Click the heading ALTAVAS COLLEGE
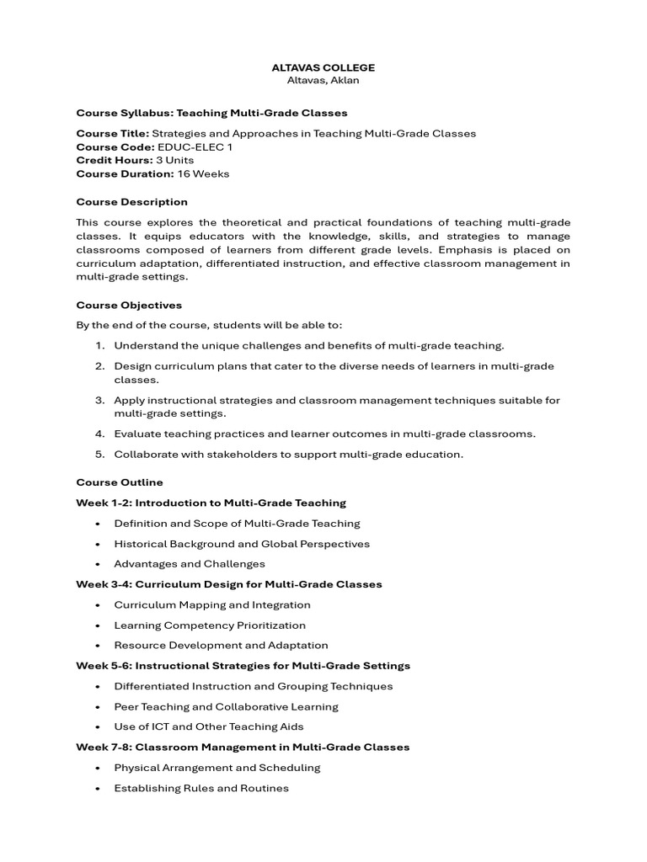[x=323, y=67]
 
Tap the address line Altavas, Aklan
[x=323, y=80]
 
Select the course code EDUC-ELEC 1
[x=195, y=146]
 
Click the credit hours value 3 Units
[x=174, y=160]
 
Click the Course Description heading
[x=131, y=202]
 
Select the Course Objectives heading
[x=129, y=305]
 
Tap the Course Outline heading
[x=120, y=482]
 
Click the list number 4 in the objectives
[x=99, y=434]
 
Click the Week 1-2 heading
[x=211, y=503]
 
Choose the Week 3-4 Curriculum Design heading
[x=228, y=584]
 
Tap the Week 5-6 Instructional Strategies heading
[x=243, y=666]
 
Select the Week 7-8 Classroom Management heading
[x=243, y=747]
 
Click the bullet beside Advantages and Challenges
[x=99, y=564]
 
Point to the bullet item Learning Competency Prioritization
[x=210, y=625]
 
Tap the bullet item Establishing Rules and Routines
[x=201, y=788]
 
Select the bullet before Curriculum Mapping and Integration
[x=99, y=605]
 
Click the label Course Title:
[x=112, y=133]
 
